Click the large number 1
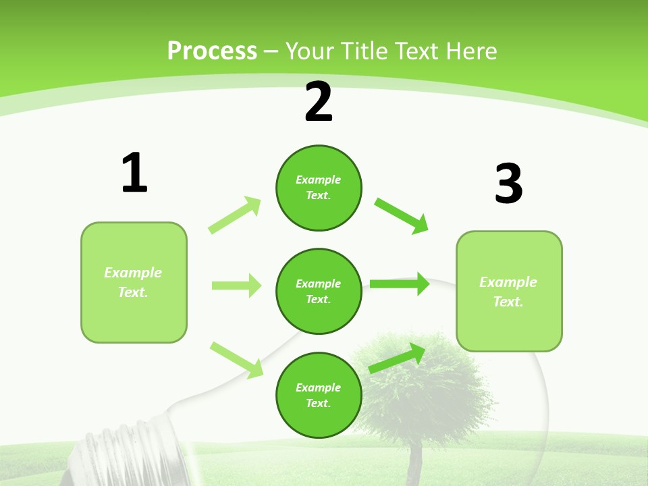134,173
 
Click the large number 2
319,103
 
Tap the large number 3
508,184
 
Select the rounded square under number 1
134,282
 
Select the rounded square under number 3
509,291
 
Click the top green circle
319,188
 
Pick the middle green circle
319,291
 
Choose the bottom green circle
319,395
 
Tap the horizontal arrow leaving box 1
236,286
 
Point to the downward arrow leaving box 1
236,359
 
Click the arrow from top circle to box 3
402,216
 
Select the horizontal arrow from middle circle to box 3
400,283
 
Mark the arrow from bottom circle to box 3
397,358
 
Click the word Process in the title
212,51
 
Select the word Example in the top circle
319,180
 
